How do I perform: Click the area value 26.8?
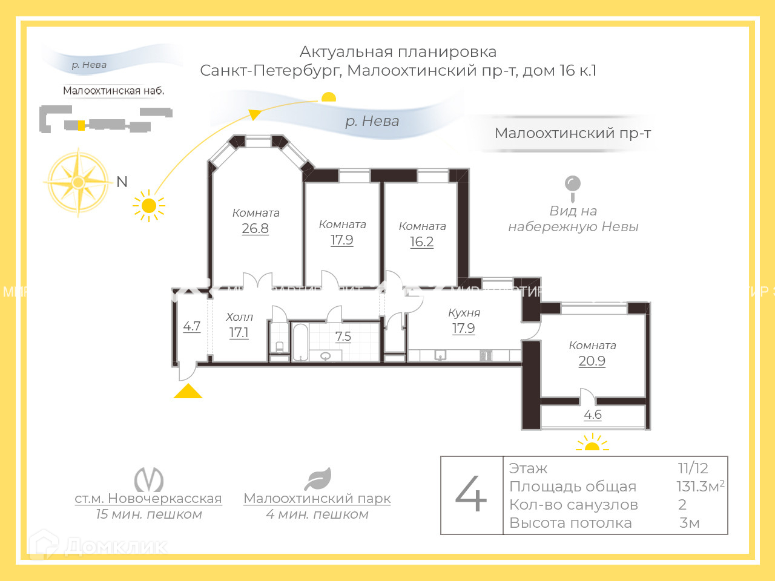255,229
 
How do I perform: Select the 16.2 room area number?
421,242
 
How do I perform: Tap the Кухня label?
464,313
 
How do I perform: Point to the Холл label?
239,317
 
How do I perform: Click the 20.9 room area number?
592,361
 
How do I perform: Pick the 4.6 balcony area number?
593,415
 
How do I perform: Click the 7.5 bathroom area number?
343,336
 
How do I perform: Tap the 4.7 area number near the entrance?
192,326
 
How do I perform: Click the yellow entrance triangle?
188,391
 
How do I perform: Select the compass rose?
78,182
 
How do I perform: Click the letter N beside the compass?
122,182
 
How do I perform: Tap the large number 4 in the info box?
471,494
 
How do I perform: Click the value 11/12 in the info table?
693,468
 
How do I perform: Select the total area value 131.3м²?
700,487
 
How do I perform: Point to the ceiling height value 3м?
690,523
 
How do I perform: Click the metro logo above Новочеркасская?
148,479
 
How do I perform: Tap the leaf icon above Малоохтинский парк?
318,479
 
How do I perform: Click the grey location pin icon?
572,187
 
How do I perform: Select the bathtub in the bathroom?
300,343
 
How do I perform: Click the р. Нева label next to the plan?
372,121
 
